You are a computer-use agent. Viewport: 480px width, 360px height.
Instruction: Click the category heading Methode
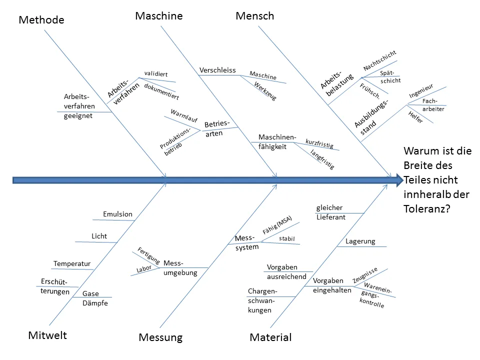pos(41,20)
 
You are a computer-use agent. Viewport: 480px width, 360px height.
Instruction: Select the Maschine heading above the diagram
pos(159,16)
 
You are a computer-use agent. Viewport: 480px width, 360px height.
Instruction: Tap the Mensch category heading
pos(255,16)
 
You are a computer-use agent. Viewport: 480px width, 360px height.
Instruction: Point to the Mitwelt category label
pos(47,335)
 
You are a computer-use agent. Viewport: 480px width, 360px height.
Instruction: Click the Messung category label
pos(160,337)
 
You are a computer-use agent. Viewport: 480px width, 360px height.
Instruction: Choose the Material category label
pos(270,337)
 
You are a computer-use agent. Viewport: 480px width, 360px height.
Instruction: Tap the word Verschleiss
pos(217,70)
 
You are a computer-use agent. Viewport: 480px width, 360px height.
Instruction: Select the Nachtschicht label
pos(380,60)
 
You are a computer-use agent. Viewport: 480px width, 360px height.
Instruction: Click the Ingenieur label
pos(421,90)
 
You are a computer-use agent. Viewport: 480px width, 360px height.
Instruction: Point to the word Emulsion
pos(118,214)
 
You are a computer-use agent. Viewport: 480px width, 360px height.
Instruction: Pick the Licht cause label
pos(99,236)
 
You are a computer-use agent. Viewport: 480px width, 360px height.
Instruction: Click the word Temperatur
pos(72,263)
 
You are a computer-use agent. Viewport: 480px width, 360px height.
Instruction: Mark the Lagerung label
pos(360,241)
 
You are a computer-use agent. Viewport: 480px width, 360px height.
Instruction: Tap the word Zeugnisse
pos(365,274)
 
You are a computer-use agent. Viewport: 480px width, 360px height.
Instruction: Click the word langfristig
pos(322,159)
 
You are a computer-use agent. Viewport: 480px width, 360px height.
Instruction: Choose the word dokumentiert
pos(161,91)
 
